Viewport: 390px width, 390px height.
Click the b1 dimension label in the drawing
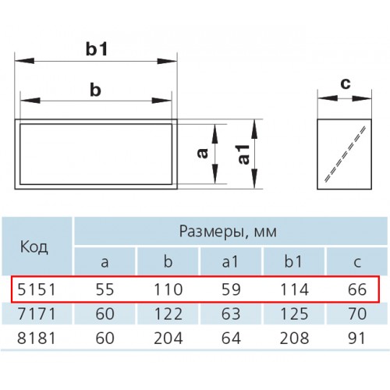click(97, 49)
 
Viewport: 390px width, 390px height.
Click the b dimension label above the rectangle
click(95, 90)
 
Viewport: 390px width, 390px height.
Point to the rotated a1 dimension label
click(243, 154)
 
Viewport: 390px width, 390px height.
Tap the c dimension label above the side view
click(346, 84)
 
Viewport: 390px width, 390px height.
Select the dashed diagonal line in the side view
click(345, 154)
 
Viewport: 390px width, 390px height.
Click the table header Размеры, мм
click(228, 231)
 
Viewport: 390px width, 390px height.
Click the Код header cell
click(34, 246)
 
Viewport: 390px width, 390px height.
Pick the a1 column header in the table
click(230, 261)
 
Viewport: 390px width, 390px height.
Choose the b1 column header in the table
click(293, 261)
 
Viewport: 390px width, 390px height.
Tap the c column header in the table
click(357, 263)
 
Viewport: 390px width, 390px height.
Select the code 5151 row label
click(37, 289)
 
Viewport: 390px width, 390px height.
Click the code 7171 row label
click(37, 314)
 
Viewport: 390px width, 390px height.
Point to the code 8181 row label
click(37, 339)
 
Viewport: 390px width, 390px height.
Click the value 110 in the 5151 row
click(168, 289)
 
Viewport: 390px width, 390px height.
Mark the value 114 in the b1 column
click(295, 289)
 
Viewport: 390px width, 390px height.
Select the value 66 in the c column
click(357, 289)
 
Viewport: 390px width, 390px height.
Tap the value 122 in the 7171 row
click(168, 314)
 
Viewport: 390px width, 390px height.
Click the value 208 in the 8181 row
click(294, 339)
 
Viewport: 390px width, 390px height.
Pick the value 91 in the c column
click(356, 339)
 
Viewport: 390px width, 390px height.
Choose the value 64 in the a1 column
click(231, 339)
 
